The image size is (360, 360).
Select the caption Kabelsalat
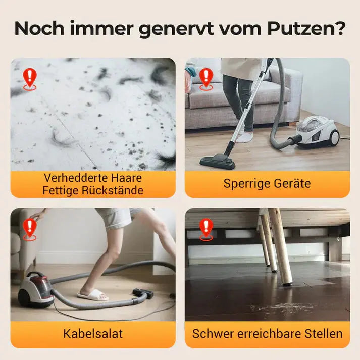point(93,333)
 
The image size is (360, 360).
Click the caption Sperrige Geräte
point(267,183)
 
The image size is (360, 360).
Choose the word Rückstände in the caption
point(115,190)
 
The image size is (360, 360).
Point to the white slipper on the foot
point(93,294)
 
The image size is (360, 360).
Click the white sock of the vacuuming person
point(245,137)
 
